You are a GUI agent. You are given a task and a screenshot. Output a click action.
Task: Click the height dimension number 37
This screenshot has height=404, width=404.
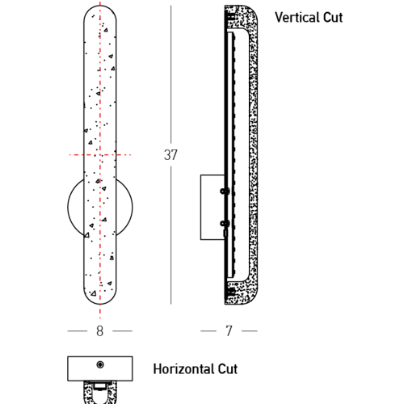(x=170, y=155)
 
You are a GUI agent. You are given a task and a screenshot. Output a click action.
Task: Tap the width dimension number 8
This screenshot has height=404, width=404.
(x=100, y=331)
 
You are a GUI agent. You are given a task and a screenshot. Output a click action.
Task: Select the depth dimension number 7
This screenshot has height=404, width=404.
(x=229, y=331)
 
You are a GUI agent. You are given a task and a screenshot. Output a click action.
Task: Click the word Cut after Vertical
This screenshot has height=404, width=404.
(x=333, y=18)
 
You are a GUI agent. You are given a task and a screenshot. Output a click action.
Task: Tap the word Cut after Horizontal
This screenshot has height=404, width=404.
(x=228, y=369)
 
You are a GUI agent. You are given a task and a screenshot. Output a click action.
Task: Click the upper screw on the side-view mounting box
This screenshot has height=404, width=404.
(x=225, y=191)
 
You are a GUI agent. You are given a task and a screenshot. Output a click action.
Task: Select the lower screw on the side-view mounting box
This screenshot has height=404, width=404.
(x=225, y=223)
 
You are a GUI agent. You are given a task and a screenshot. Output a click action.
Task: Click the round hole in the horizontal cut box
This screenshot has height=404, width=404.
(x=100, y=364)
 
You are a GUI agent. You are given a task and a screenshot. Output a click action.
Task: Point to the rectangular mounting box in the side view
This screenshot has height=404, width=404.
(x=213, y=207)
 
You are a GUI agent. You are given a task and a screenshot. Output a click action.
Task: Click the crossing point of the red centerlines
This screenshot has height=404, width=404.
(x=100, y=155)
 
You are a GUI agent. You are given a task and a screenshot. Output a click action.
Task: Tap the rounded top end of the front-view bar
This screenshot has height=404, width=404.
(x=100, y=6)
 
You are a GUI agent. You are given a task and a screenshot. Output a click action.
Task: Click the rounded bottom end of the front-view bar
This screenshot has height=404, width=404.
(x=100, y=304)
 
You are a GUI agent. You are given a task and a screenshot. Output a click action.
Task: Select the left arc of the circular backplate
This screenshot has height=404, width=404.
(x=68, y=207)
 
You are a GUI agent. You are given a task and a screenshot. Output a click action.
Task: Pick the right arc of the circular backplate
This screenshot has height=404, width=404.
(x=133, y=207)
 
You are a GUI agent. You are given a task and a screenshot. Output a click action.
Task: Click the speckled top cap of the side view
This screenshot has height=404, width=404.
(x=241, y=16)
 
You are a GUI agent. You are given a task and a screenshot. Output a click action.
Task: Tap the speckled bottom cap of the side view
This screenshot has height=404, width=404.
(x=241, y=293)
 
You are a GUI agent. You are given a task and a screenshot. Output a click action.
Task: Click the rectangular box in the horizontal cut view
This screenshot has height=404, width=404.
(x=100, y=368)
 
